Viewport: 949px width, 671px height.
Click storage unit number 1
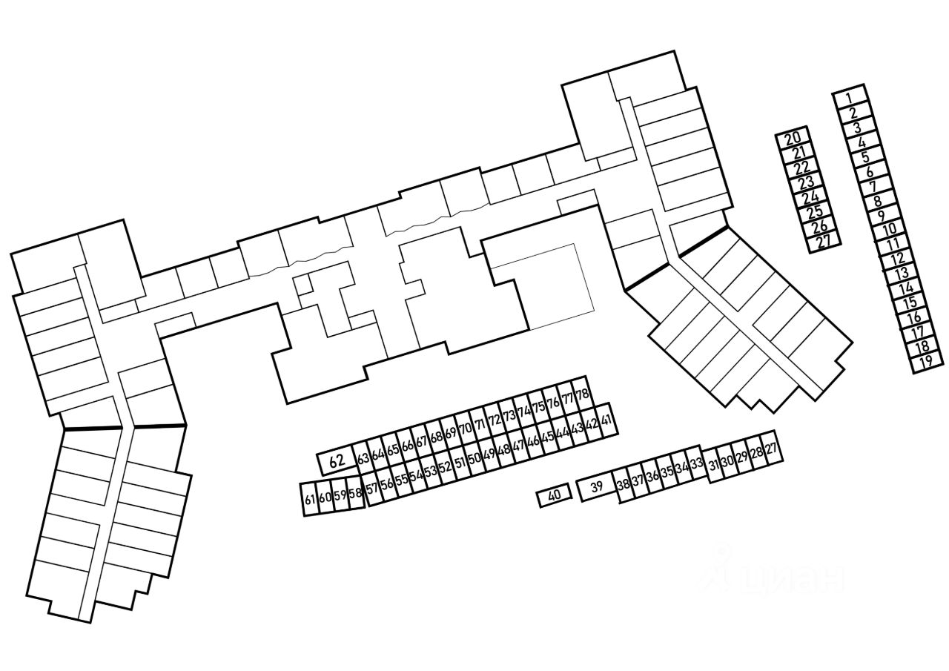click(x=850, y=96)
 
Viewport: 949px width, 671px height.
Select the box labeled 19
click(x=926, y=363)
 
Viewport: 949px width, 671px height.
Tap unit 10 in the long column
click(x=889, y=230)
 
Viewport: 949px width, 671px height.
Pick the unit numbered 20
click(x=793, y=138)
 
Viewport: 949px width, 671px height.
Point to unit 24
click(x=810, y=197)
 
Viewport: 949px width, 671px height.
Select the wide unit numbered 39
click(x=597, y=487)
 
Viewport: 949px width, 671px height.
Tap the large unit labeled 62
click(x=337, y=461)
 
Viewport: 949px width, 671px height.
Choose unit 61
click(x=309, y=499)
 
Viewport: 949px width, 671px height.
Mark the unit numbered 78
click(x=582, y=393)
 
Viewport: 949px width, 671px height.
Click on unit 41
click(x=607, y=421)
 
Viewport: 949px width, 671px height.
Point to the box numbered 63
click(x=363, y=458)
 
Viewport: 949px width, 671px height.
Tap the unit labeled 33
click(x=696, y=464)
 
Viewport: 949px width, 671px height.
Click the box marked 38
click(x=624, y=486)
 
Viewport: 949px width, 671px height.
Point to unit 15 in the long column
click(x=910, y=303)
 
